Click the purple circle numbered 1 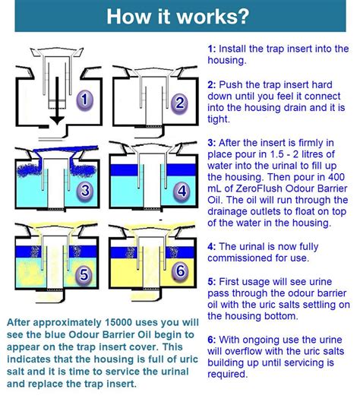[x=84, y=100]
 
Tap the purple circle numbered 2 [x=179, y=103]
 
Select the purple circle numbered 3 [x=85, y=190]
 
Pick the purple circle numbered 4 [x=182, y=191]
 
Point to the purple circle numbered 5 [x=84, y=274]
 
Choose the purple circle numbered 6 [x=181, y=271]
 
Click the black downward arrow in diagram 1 [x=57, y=101]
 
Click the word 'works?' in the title [x=213, y=16]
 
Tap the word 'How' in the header [x=128, y=16]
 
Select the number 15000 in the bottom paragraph [x=118, y=322]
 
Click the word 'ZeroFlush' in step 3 [x=259, y=188]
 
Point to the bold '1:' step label [x=212, y=49]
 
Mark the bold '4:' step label [x=212, y=246]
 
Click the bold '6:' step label [x=212, y=340]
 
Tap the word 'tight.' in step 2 [x=219, y=119]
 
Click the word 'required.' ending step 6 [x=228, y=375]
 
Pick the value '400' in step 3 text [x=336, y=177]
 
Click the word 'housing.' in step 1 [x=227, y=61]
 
